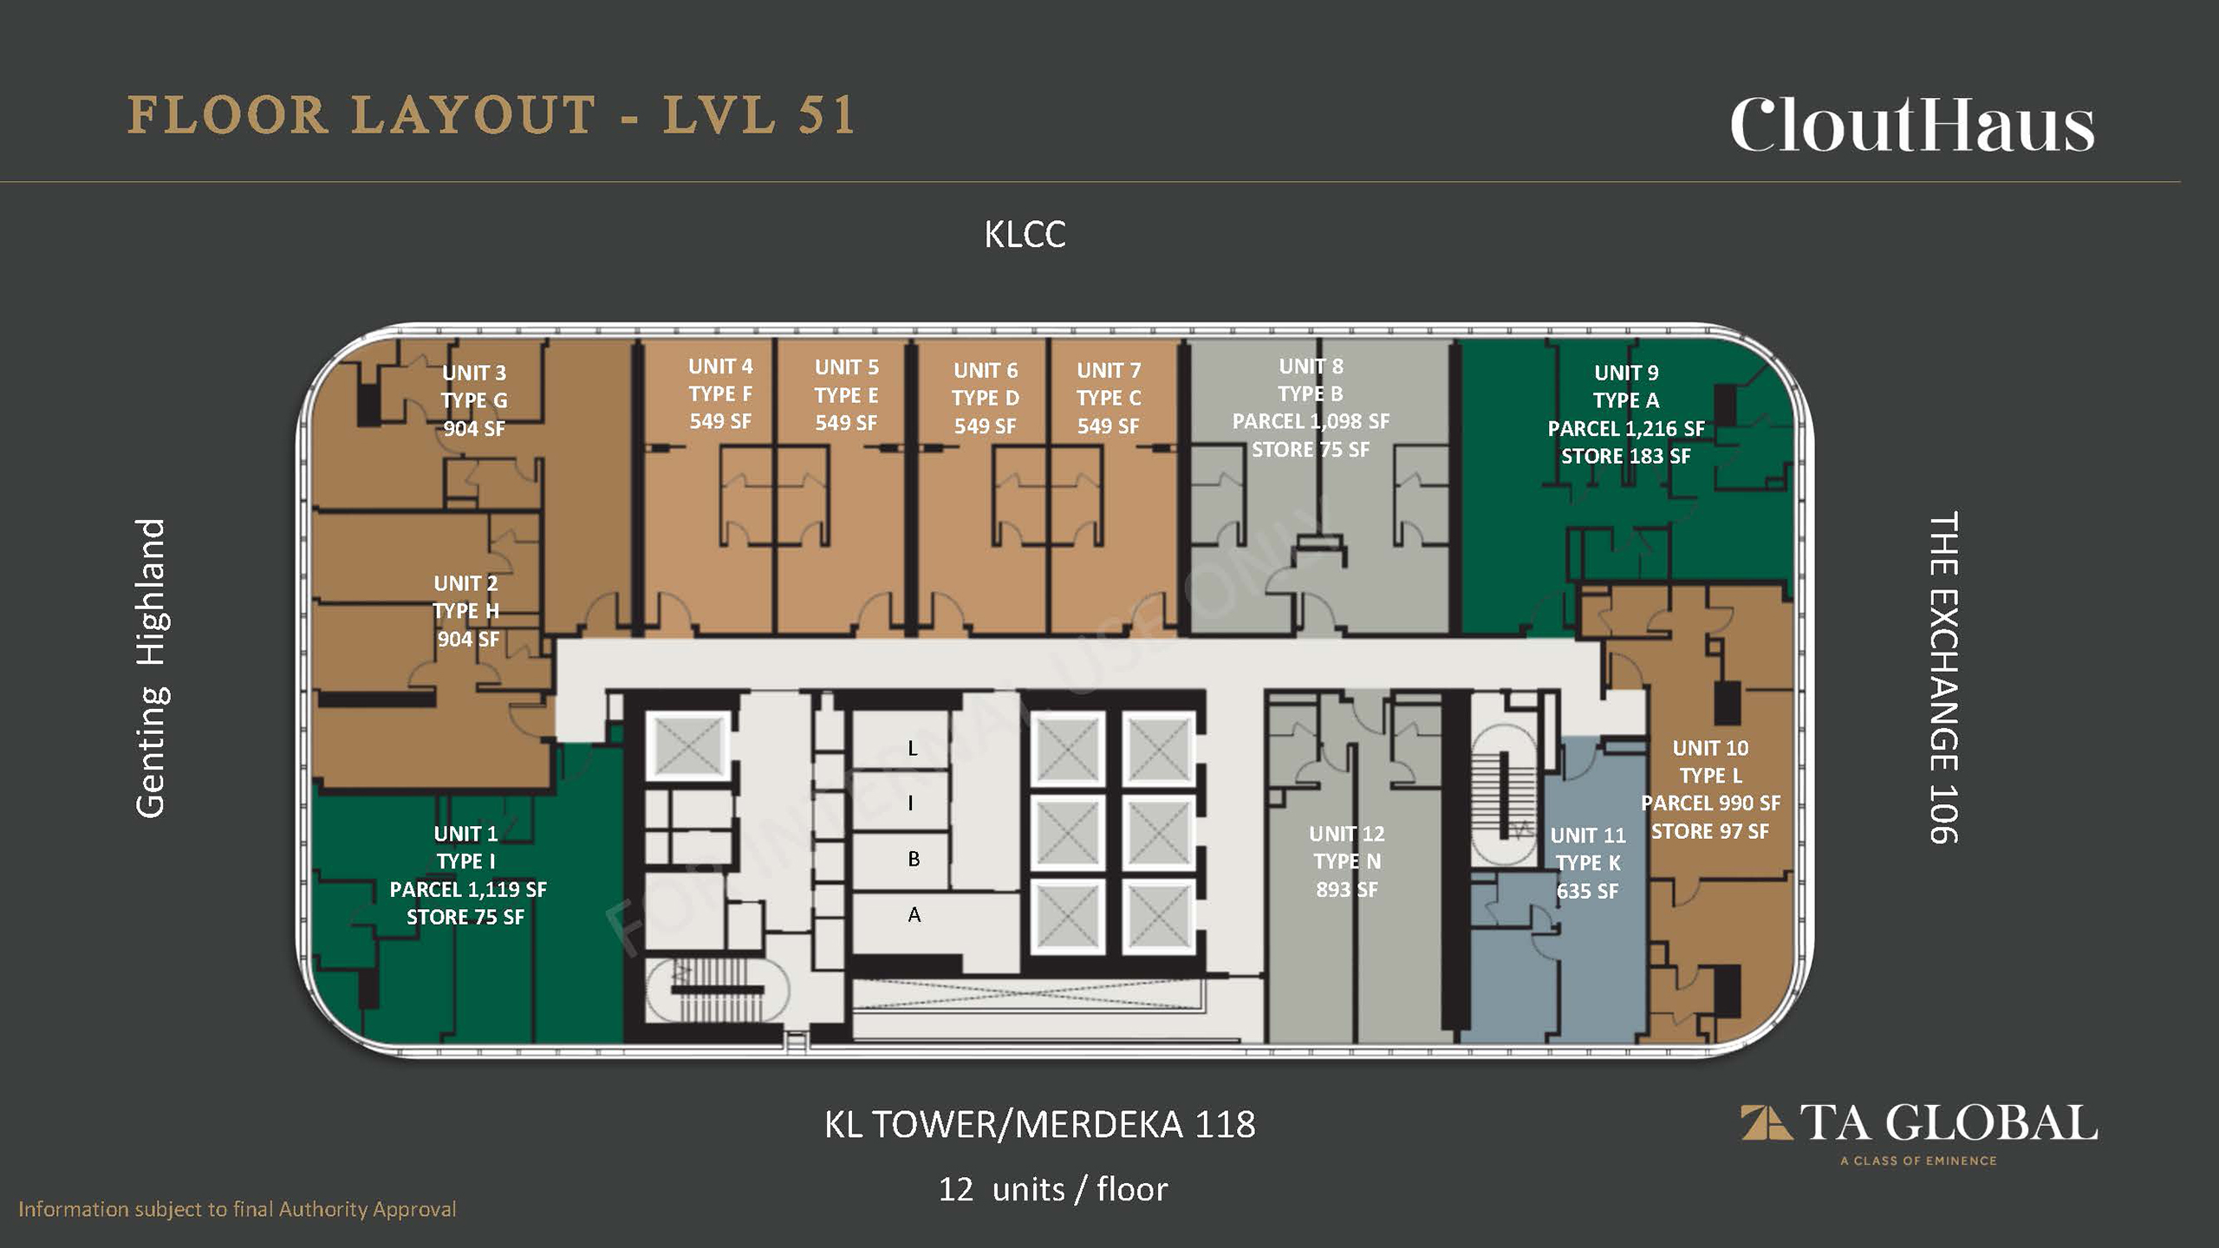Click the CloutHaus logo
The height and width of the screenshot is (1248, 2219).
1912,125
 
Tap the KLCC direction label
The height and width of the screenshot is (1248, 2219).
1025,235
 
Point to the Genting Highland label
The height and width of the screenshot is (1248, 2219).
152,667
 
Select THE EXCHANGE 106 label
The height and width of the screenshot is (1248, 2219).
1943,677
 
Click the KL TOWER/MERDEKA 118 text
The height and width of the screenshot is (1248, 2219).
1039,1124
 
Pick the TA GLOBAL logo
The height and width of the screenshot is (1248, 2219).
1919,1132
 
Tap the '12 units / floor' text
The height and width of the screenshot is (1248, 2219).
1053,1189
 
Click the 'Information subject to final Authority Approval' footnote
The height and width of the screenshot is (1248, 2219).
238,1209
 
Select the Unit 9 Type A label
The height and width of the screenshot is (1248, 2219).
1626,413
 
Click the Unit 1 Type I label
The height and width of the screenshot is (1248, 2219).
467,874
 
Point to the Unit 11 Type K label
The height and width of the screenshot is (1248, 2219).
1587,862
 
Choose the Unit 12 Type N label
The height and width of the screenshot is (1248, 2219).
1347,861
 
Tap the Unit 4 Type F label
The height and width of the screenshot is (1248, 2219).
720,393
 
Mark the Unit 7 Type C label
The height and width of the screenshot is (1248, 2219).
1109,398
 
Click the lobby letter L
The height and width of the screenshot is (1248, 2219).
912,748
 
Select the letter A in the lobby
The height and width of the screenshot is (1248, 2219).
914,914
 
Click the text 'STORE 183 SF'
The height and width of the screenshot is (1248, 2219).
1626,456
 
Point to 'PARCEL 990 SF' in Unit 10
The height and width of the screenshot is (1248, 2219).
1710,803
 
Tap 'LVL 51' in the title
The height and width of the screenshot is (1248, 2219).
759,115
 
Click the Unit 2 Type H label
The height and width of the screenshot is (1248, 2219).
467,611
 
